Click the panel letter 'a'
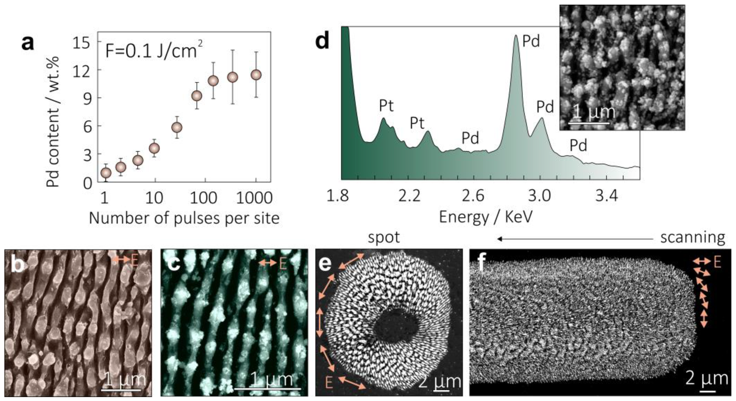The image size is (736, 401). click(x=28, y=44)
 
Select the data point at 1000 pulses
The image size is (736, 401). click(x=256, y=75)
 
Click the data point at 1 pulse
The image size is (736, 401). click(x=106, y=173)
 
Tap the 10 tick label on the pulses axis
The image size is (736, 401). click(x=154, y=198)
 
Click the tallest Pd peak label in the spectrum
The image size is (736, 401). click(x=531, y=42)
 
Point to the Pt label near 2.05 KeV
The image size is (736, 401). click(x=386, y=106)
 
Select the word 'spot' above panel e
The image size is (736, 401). click(x=384, y=237)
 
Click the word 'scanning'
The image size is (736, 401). click(x=693, y=237)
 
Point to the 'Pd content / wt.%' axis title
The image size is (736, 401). click(x=53, y=122)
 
